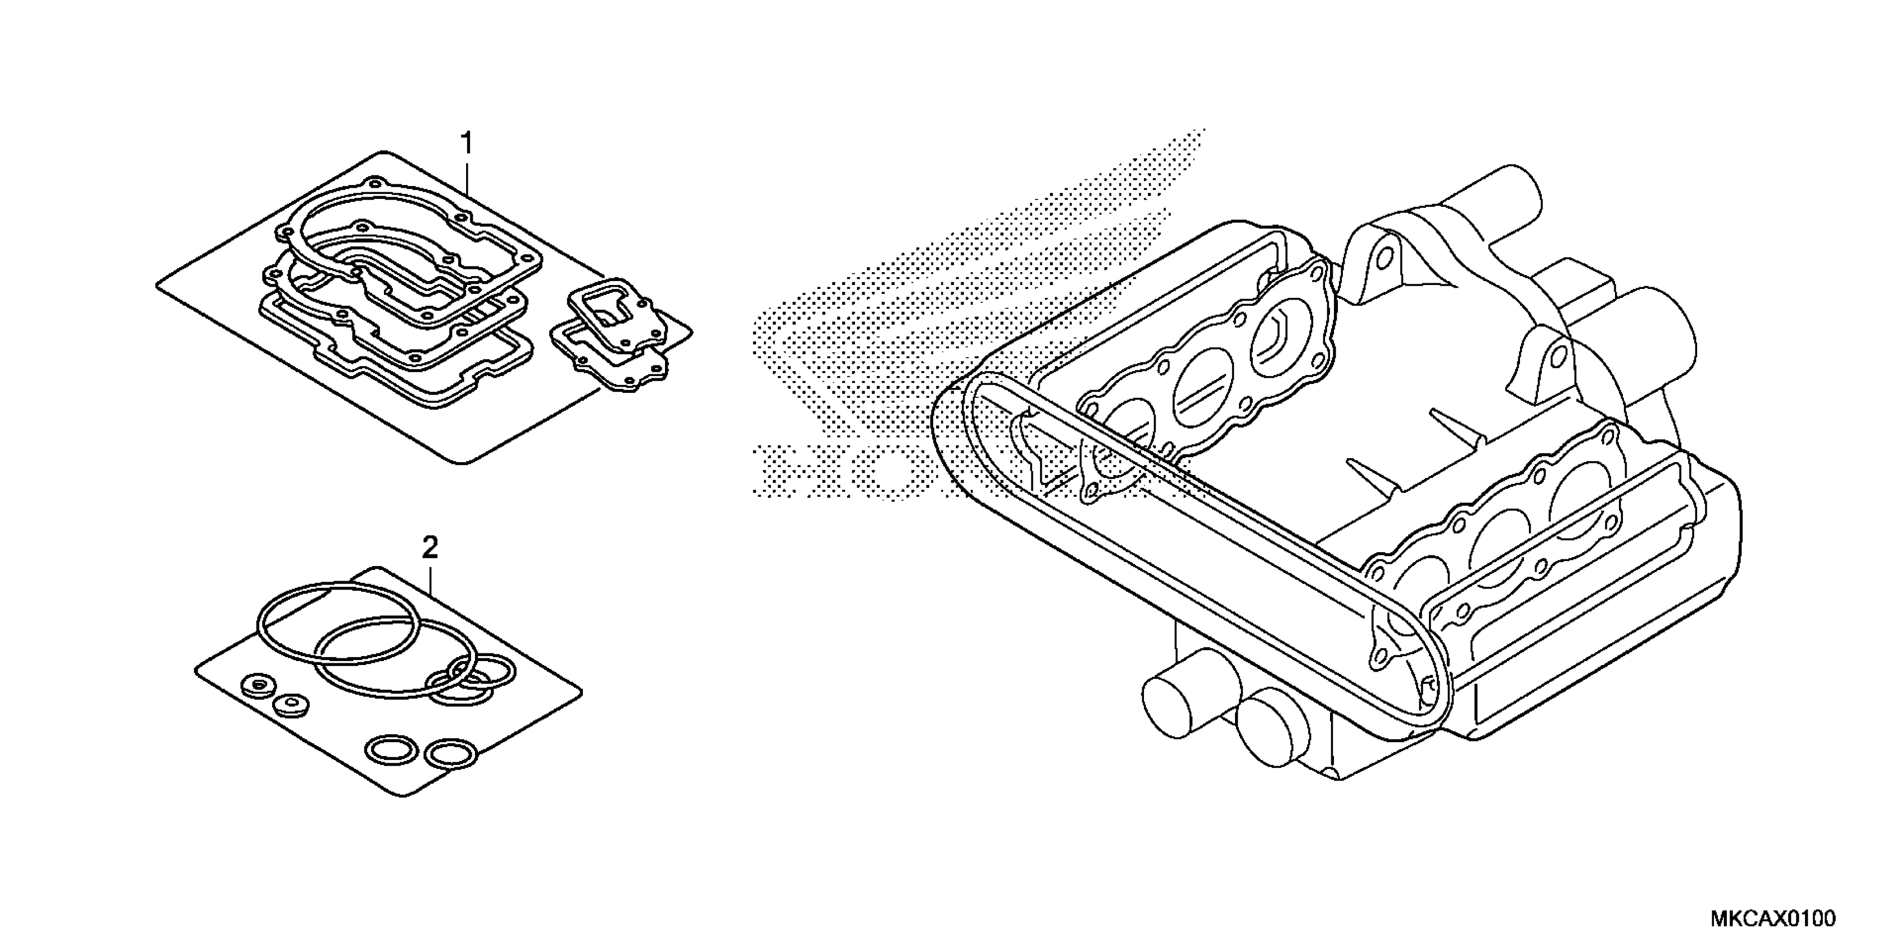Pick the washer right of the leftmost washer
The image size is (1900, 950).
[x=290, y=704]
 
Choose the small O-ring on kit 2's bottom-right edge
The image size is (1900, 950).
[x=447, y=754]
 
